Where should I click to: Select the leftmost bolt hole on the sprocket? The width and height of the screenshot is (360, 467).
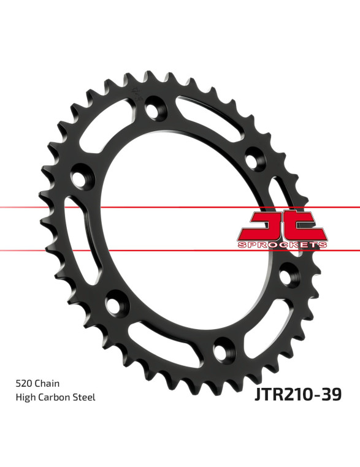click(80, 178)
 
